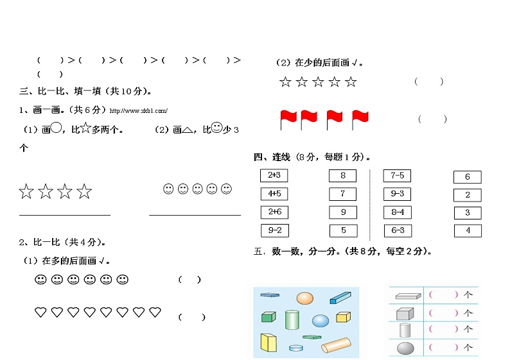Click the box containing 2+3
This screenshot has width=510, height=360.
click(274, 175)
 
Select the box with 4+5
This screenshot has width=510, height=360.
click(274, 193)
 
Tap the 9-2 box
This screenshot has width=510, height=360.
click(274, 230)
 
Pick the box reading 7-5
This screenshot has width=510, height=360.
click(397, 176)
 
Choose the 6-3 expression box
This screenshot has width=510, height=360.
click(397, 230)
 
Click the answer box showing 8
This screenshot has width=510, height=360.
click(343, 175)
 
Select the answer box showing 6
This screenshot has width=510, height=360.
click(467, 177)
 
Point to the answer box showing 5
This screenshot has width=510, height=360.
click(343, 230)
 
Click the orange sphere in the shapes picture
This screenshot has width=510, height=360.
click(305, 298)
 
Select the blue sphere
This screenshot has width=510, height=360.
click(321, 320)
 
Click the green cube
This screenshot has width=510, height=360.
click(268, 316)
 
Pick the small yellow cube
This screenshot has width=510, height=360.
click(343, 317)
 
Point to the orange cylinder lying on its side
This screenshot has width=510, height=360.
click(336, 345)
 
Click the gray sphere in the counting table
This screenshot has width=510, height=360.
click(405, 348)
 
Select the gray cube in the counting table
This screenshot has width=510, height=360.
click(404, 314)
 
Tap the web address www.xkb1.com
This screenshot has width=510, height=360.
click(139, 111)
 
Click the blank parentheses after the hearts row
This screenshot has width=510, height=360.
click(192, 317)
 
